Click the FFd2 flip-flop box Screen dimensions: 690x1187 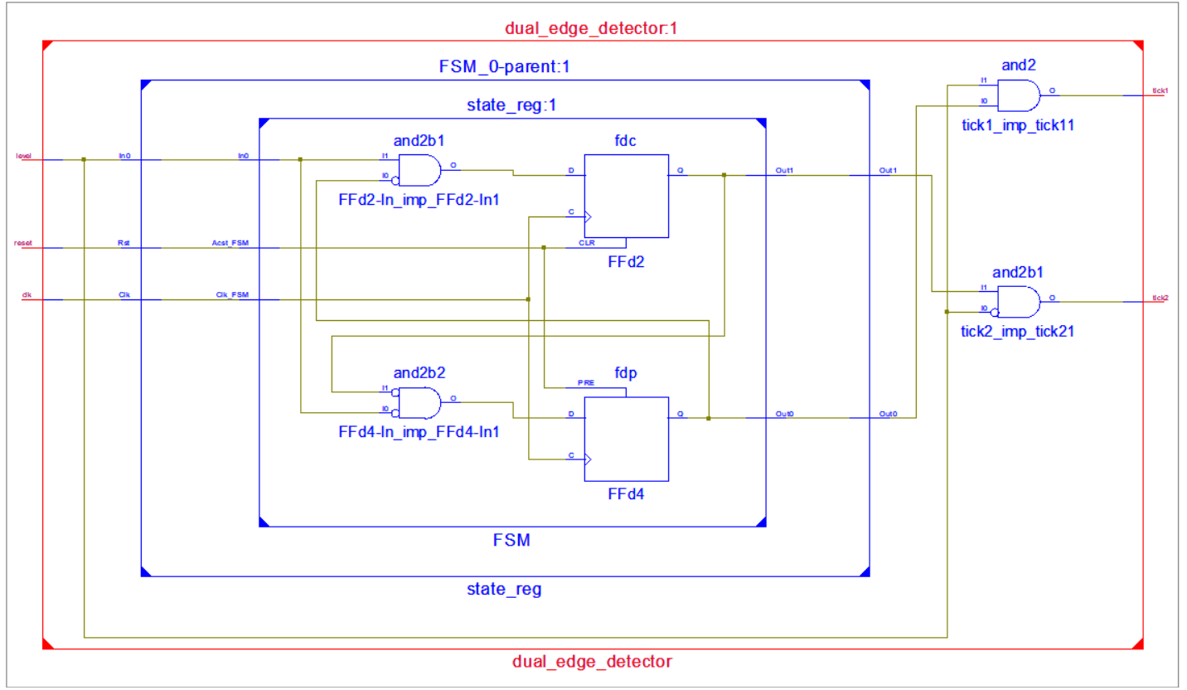(x=626, y=196)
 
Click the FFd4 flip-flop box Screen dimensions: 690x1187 (x=626, y=439)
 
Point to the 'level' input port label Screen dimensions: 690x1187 (x=23, y=156)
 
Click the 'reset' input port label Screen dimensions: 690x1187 (x=24, y=244)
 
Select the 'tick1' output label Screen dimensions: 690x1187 (x=1160, y=90)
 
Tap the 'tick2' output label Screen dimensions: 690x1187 (x=1160, y=297)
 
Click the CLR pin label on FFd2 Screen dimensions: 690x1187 (x=586, y=243)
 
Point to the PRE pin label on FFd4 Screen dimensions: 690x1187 (x=586, y=384)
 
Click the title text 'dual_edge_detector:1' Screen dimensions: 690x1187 (x=592, y=29)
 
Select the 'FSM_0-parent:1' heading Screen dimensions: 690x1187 (x=504, y=67)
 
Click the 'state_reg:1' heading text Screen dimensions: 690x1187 (x=510, y=106)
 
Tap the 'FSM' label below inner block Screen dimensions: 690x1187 (x=511, y=542)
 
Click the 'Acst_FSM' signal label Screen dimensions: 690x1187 (x=231, y=244)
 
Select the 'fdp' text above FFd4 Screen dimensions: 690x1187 (x=626, y=373)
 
